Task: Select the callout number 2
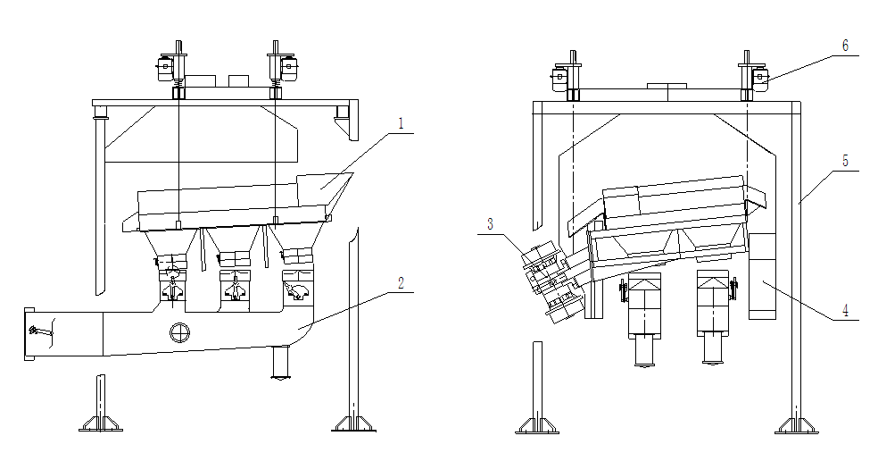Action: pyautogui.click(x=401, y=283)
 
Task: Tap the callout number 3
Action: pyautogui.click(x=490, y=224)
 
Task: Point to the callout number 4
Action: pyautogui.click(x=846, y=310)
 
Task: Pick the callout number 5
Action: pyautogui.click(x=846, y=161)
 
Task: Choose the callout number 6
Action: pyautogui.click(x=846, y=46)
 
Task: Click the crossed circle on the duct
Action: pyautogui.click(x=179, y=332)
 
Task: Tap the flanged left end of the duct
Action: pyautogui.click(x=29, y=334)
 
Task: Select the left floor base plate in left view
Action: pyautogui.click(x=101, y=424)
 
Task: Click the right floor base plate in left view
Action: pyautogui.click(x=354, y=424)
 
